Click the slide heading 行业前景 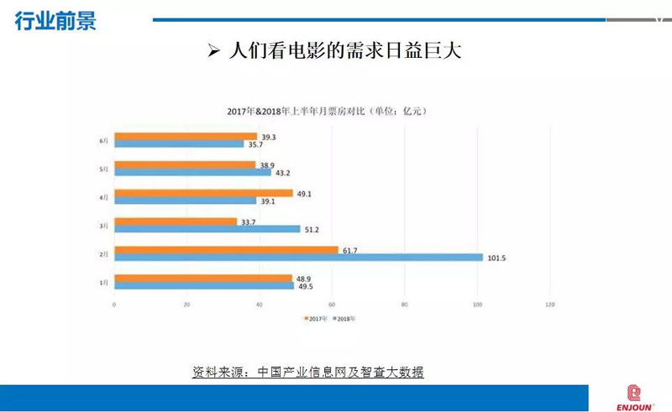pos(55,21)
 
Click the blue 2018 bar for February pos(298,258)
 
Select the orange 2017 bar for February pos(226,249)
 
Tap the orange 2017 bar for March pos(175,222)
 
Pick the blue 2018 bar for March pos(207,229)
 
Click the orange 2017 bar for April pos(203,193)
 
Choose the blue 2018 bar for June pos(178,144)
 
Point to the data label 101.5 pos(497,258)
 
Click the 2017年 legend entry pos(315,319)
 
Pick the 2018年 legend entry pos(346,319)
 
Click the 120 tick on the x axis pos(550,304)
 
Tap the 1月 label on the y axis pos(104,283)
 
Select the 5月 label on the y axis pos(104,169)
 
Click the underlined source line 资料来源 pos(308,372)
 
